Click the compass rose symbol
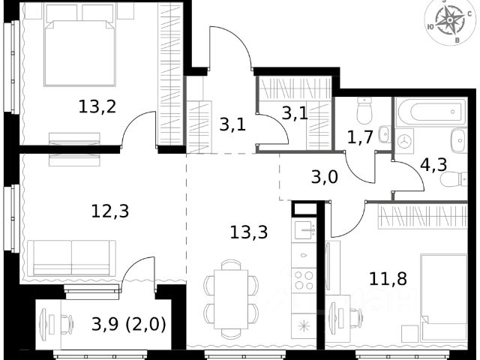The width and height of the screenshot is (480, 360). tap(449, 21)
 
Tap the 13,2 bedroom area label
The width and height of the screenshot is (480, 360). tap(97, 106)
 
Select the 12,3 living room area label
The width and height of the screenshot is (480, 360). tap(110, 211)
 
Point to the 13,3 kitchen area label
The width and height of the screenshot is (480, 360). tap(248, 232)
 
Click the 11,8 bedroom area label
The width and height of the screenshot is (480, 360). tap(388, 278)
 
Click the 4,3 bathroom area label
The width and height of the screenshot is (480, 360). tap(433, 165)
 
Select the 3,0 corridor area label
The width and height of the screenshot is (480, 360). tap(325, 177)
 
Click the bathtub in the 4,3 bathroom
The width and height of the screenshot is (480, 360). tap(432, 112)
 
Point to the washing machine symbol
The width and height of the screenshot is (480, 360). tap(404, 141)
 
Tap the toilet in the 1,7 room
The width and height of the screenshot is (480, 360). tap(364, 111)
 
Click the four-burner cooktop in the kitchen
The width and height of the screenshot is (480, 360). tap(304, 280)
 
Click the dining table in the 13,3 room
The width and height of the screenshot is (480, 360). tap(231, 299)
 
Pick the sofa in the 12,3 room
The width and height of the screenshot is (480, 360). tap(72, 258)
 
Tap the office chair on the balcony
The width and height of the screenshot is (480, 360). tap(67, 325)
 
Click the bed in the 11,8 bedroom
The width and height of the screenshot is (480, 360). tap(444, 298)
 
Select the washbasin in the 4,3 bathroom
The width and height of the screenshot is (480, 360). tap(458, 141)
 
